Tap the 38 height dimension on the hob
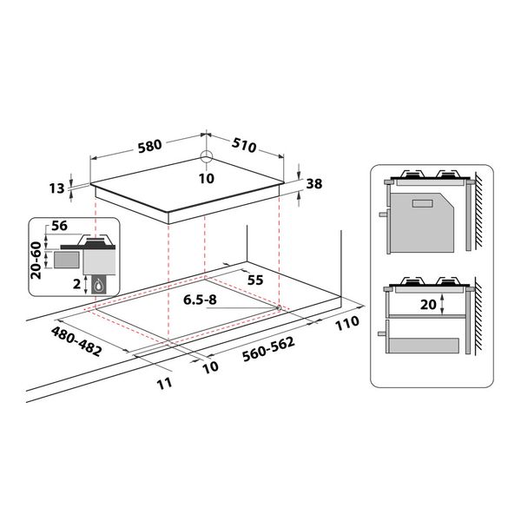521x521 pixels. click(x=314, y=183)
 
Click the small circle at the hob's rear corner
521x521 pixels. click(x=205, y=158)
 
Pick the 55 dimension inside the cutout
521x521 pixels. click(x=255, y=280)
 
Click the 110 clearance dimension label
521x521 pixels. click(x=346, y=324)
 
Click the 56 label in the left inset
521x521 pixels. click(x=59, y=225)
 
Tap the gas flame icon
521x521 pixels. click(x=102, y=283)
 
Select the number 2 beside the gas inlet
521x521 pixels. click(x=77, y=282)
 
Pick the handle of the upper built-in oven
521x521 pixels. click(x=383, y=214)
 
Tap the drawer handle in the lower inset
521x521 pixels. click(x=384, y=329)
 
